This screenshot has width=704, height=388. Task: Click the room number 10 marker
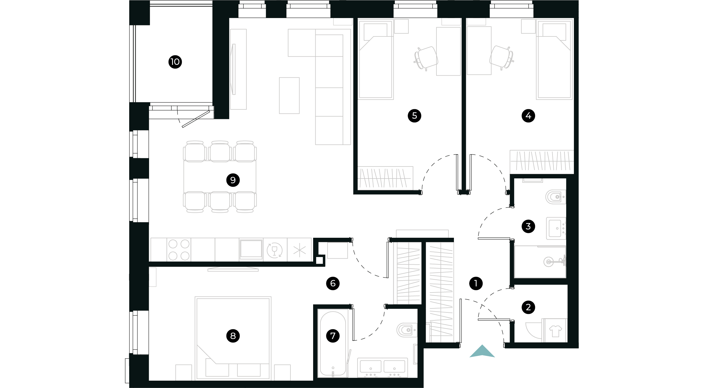click(175, 62)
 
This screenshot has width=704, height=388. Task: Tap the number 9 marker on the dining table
click(233, 180)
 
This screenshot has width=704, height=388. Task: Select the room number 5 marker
click(414, 116)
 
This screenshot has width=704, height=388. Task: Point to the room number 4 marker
click(528, 116)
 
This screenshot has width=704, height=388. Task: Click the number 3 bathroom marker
click(528, 226)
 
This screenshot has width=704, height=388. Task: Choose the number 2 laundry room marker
click(528, 307)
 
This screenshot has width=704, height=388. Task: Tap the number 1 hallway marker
click(476, 283)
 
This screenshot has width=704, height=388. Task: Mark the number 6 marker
click(333, 283)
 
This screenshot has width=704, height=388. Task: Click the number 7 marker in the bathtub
click(333, 336)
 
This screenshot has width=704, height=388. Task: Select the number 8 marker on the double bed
click(233, 336)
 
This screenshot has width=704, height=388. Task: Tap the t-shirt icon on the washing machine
click(555, 331)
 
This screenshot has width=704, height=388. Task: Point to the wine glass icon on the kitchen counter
click(275, 250)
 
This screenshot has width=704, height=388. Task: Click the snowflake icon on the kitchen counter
click(299, 250)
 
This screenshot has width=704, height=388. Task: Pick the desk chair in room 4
click(501, 57)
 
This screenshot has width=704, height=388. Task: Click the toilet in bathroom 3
click(555, 197)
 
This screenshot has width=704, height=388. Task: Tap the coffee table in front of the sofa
click(289, 95)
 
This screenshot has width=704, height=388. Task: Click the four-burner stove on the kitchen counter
click(179, 250)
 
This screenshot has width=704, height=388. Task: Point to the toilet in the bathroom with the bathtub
click(406, 330)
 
